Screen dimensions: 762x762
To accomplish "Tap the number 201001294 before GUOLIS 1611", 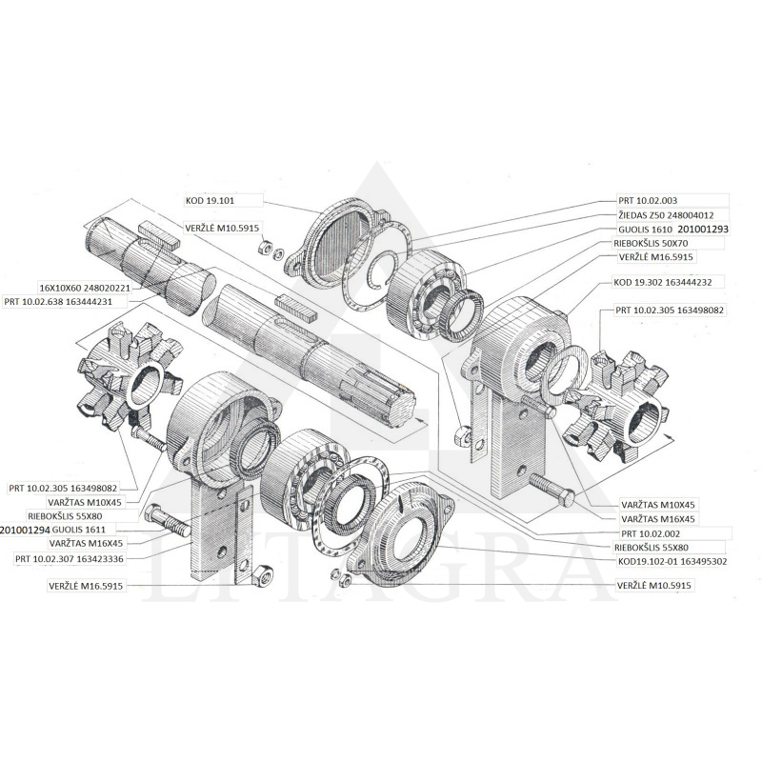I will coord(25,529).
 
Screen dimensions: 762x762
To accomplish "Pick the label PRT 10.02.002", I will coord(651,533).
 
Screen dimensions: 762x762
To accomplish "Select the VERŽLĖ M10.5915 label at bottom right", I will coord(655,586).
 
